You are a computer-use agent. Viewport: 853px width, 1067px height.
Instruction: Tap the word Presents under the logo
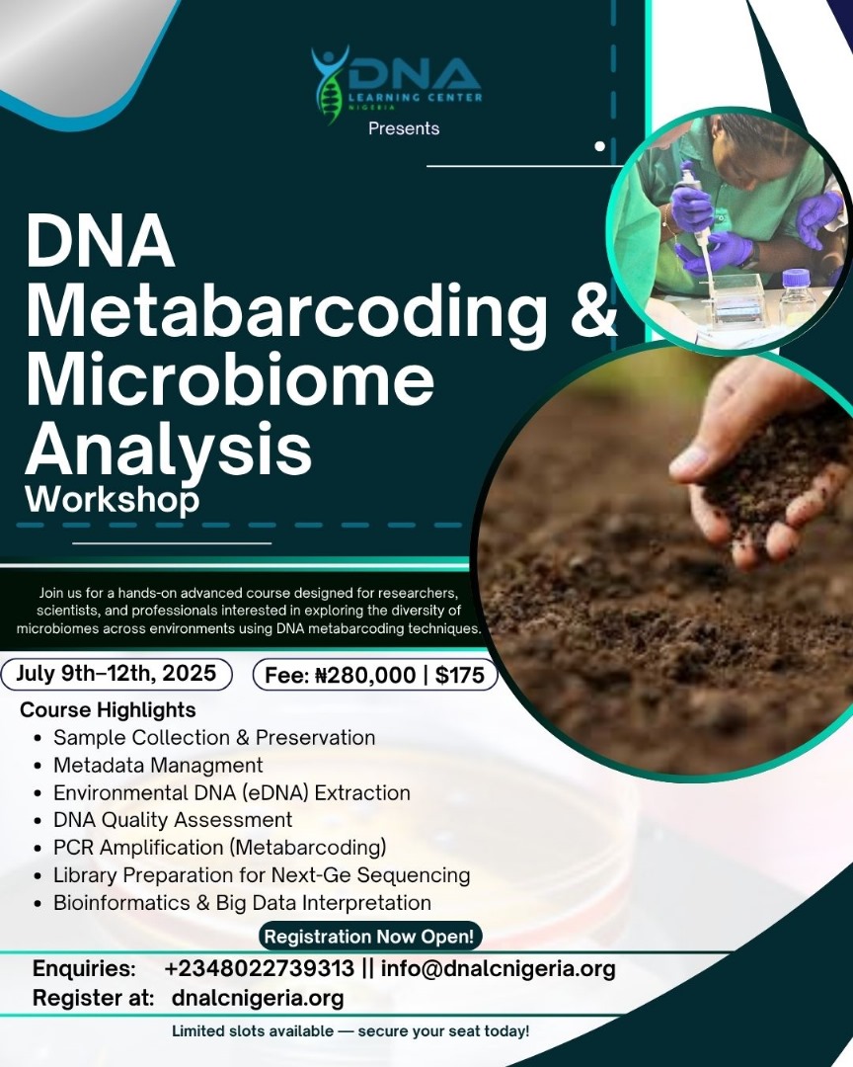coord(404,128)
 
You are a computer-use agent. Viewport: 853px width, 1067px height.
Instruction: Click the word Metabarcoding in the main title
coord(286,309)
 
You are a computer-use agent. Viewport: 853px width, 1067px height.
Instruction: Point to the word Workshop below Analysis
coord(113,499)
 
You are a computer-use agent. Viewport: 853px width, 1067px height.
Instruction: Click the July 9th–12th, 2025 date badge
coord(116,674)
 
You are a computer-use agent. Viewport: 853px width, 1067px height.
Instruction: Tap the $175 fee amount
coord(460,675)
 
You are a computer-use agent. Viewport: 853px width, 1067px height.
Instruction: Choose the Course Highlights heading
coord(108,709)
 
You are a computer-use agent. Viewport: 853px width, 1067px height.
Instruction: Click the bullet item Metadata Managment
coord(158,765)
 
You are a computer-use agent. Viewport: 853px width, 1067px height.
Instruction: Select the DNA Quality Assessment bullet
coord(173,820)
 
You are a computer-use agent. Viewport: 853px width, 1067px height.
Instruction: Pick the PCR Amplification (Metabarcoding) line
coord(220,848)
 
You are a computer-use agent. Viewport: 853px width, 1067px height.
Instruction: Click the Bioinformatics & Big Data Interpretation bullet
coord(242,903)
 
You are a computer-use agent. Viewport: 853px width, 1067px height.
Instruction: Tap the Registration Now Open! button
coord(370,937)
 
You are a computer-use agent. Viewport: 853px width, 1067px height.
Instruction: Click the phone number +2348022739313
coord(260,968)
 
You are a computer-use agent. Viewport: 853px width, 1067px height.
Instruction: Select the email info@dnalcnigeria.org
coord(498,968)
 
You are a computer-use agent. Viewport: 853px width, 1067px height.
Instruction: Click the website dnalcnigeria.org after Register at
coord(258,998)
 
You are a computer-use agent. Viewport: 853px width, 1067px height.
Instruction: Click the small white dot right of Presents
coord(600,146)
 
